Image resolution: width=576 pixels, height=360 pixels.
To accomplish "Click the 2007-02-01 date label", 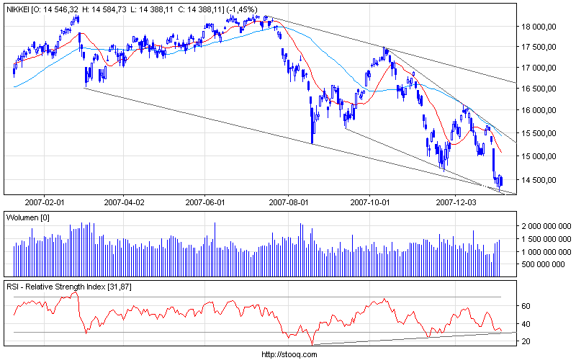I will click(45, 203).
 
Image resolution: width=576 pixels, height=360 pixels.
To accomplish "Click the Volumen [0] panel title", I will click(27, 217).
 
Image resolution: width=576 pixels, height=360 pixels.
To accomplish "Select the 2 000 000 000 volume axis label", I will click(545, 225).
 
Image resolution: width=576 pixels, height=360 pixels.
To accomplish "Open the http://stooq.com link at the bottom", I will click(288, 354).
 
